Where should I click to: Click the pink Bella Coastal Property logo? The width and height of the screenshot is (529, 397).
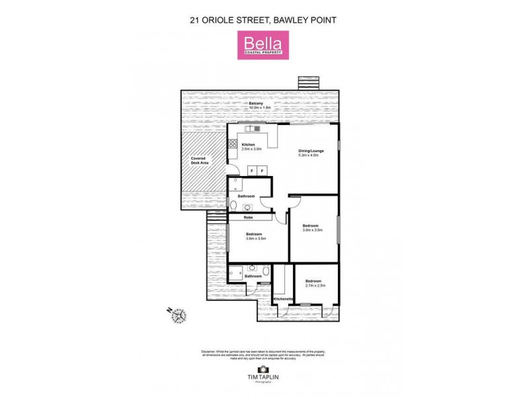264,46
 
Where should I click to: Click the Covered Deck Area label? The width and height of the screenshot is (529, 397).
198,161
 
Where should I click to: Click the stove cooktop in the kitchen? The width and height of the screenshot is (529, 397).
233,143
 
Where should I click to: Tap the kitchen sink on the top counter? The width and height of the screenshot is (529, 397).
252,128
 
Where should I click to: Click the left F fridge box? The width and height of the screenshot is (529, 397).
251,171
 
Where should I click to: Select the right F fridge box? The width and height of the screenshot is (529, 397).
263,171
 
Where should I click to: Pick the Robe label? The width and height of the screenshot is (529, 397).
249,217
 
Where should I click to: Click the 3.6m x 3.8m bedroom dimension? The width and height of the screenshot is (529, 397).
255,239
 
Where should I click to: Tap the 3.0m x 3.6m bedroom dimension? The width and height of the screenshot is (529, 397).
312,230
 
